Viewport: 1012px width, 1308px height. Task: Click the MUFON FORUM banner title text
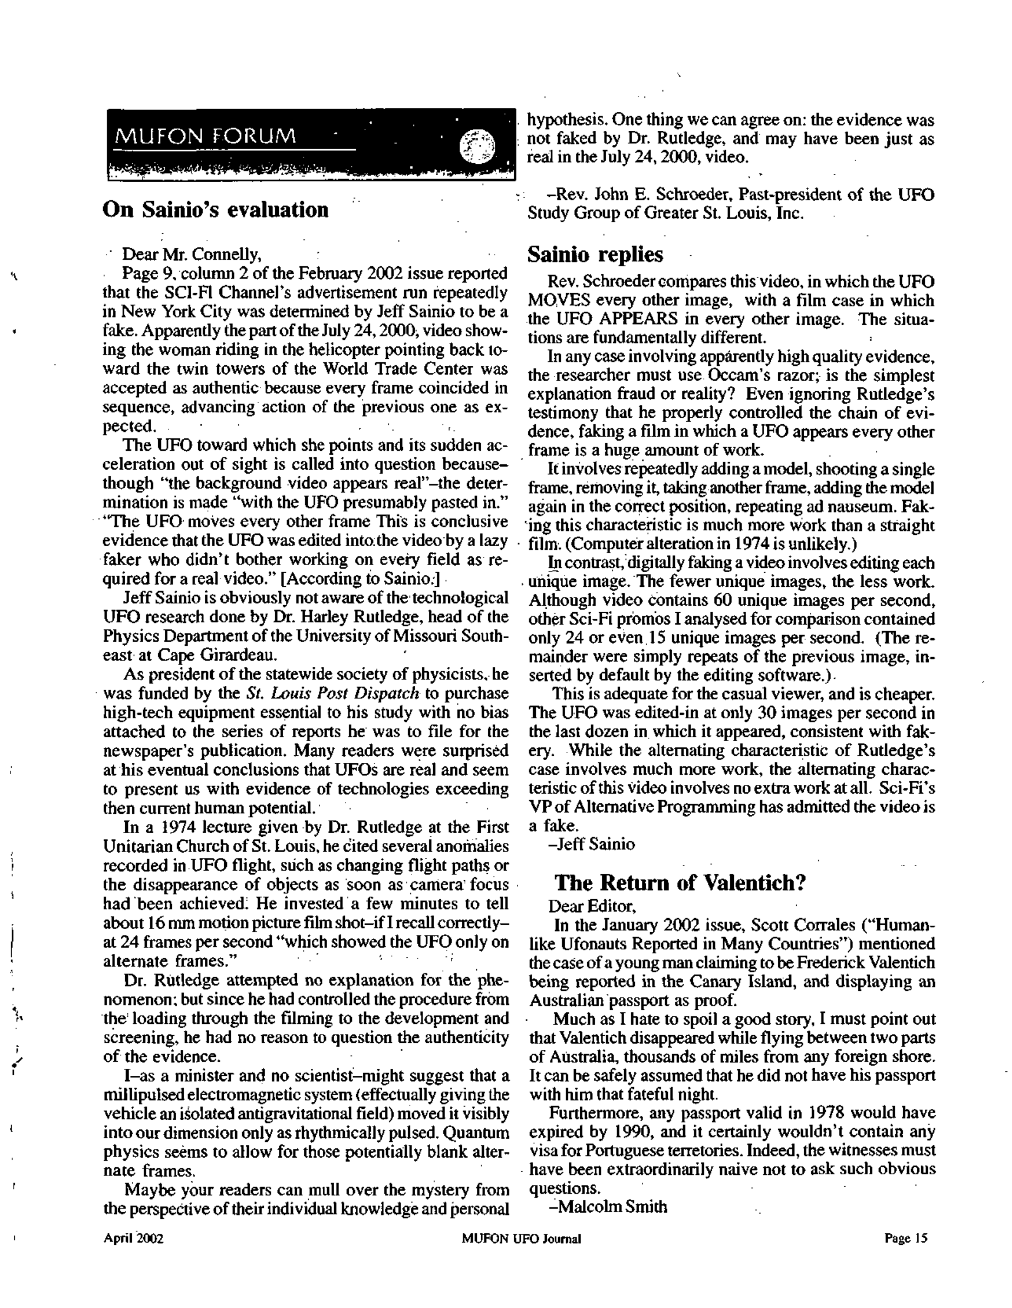(205, 137)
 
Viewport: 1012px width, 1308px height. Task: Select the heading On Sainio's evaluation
(216, 210)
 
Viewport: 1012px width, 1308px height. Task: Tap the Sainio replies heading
(595, 255)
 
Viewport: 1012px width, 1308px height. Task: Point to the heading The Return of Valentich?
(680, 883)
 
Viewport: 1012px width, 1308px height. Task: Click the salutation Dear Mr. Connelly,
(192, 255)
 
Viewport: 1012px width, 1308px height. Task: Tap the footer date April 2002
(133, 1238)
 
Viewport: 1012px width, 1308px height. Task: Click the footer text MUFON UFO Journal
(521, 1238)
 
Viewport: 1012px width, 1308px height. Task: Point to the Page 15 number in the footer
(906, 1238)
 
